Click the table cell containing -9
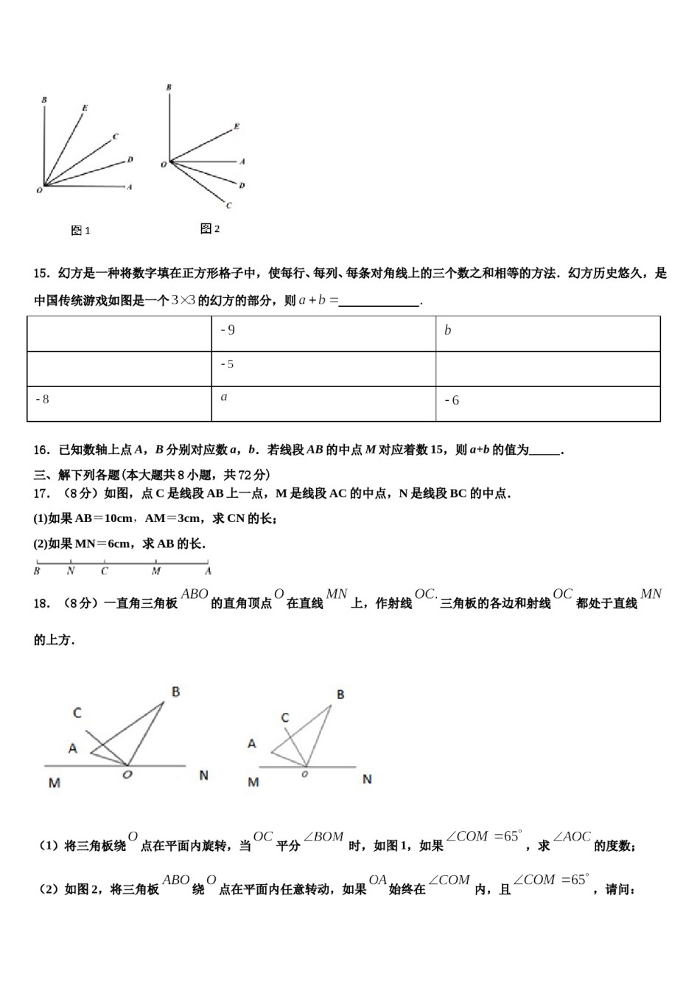pos(323,333)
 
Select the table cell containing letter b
pos(547,333)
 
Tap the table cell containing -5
pos(323,368)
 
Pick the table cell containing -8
pos(119,403)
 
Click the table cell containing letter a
pos(323,403)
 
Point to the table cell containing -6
pos(547,403)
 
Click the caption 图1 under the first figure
pos(80,231)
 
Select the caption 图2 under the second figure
pos(210,229)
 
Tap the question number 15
pos(41,274)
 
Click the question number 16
pos(41,450)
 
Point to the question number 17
pos(41,494)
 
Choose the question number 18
pos(41,604)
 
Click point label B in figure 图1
pos(45,100)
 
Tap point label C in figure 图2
pos(229,206)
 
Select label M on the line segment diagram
pos(156,571)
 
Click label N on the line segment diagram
pos(71,571)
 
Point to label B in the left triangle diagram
pos(176,692)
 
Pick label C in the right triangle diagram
pos(285,717)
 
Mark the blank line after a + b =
pos(379,302)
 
